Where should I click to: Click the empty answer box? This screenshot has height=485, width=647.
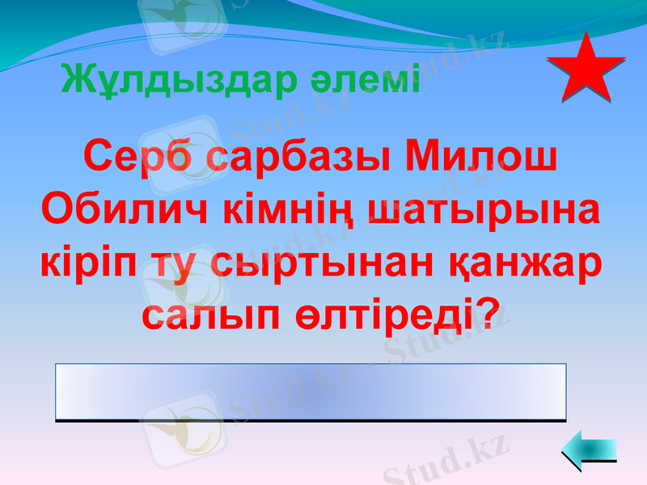(x=311, y=392)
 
